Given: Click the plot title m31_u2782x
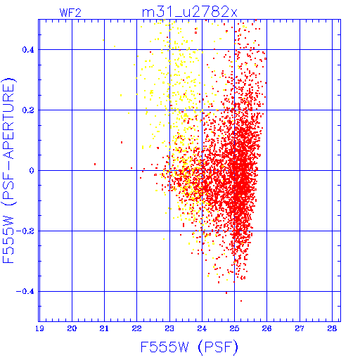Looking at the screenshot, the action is (190, 12).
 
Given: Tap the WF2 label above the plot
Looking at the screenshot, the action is (70, 13).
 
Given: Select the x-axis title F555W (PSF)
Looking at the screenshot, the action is (189, 347).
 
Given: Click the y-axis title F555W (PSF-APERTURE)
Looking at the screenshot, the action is (9, 170).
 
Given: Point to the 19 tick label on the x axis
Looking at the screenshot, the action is (39, 328).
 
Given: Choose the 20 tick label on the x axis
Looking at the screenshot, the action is (72, 328).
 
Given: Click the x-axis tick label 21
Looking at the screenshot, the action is (104, 328).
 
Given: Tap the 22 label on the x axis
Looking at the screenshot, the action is (136, 328).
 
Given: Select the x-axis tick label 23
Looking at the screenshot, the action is (169, 328).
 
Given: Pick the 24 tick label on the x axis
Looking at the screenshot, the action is (202, 328).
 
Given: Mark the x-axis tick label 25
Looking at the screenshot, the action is (234, 328).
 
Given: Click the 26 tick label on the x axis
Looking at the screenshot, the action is (266, 328).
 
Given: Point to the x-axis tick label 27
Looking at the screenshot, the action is (300, 328).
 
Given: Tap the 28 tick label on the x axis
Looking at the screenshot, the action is (332, 328).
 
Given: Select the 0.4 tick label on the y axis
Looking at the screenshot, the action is (28, 50).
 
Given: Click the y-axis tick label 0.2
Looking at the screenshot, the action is (28, 110).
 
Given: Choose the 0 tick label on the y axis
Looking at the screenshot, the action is (32, 171).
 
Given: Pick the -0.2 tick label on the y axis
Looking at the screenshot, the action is (25, 231).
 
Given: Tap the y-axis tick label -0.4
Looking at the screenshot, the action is (25, 292).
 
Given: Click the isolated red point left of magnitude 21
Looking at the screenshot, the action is (95, 164).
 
